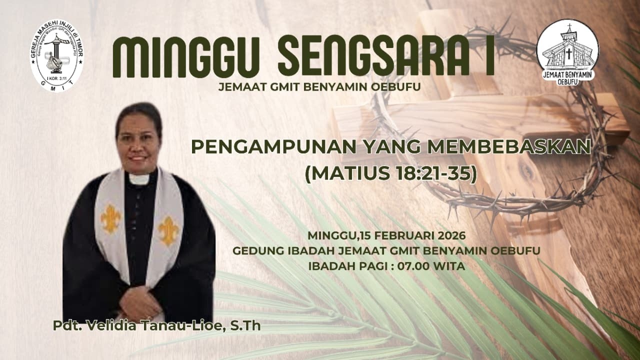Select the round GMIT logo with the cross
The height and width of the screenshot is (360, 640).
pyautogui.click(x=57, y=55)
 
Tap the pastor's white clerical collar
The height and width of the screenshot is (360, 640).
pyautogui.click(x=139, y=178)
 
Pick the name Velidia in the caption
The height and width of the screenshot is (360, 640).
pyautogui.click(x=105, y=326)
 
